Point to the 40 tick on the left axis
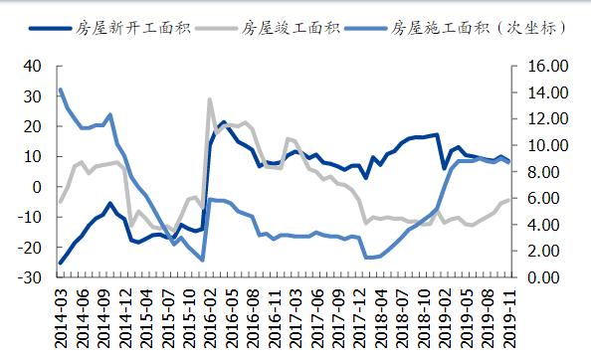point(31,66)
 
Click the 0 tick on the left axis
point(37,187)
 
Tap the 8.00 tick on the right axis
point(548,172)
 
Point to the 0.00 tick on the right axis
point(548,277)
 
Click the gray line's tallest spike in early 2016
point(210,99)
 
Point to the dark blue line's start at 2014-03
point(60,264)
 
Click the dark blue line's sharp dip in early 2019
point(444,168)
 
